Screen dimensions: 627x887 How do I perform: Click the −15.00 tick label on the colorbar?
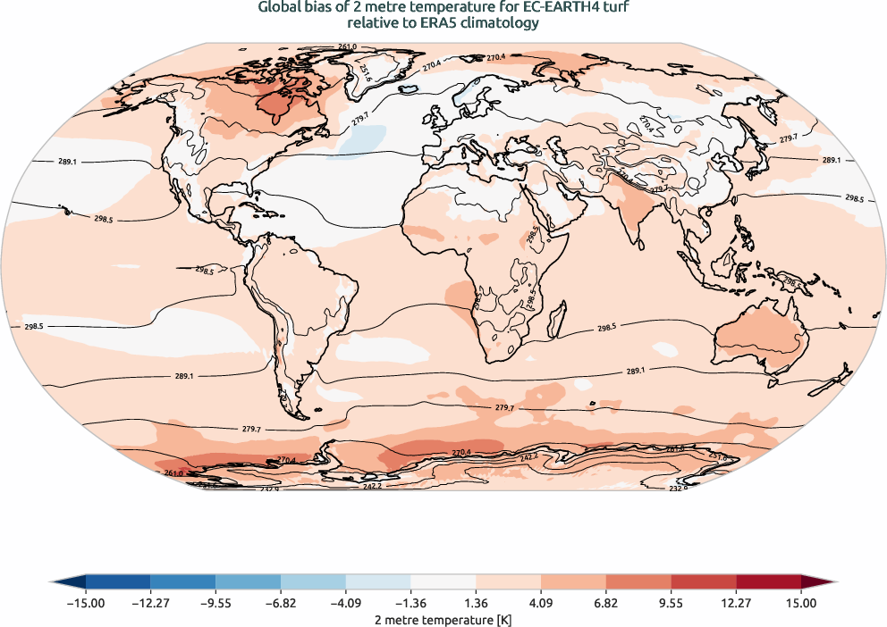coord(86,604)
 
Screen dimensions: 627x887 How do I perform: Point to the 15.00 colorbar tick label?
coord(801,604)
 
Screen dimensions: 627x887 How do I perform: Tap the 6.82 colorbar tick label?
coord(606,604)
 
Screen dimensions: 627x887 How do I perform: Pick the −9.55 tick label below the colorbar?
coord(215,604)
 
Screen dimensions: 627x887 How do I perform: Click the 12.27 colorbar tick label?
coord(736,604)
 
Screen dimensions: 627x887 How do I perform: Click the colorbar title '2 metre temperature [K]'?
coord(443,618)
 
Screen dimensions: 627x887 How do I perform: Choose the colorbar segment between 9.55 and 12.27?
coord(703,582)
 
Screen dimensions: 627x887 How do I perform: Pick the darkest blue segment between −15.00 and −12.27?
coord(118,582)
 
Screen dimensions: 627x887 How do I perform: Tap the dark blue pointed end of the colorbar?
coord(63,582)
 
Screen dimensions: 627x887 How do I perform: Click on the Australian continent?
coord(760,335)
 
